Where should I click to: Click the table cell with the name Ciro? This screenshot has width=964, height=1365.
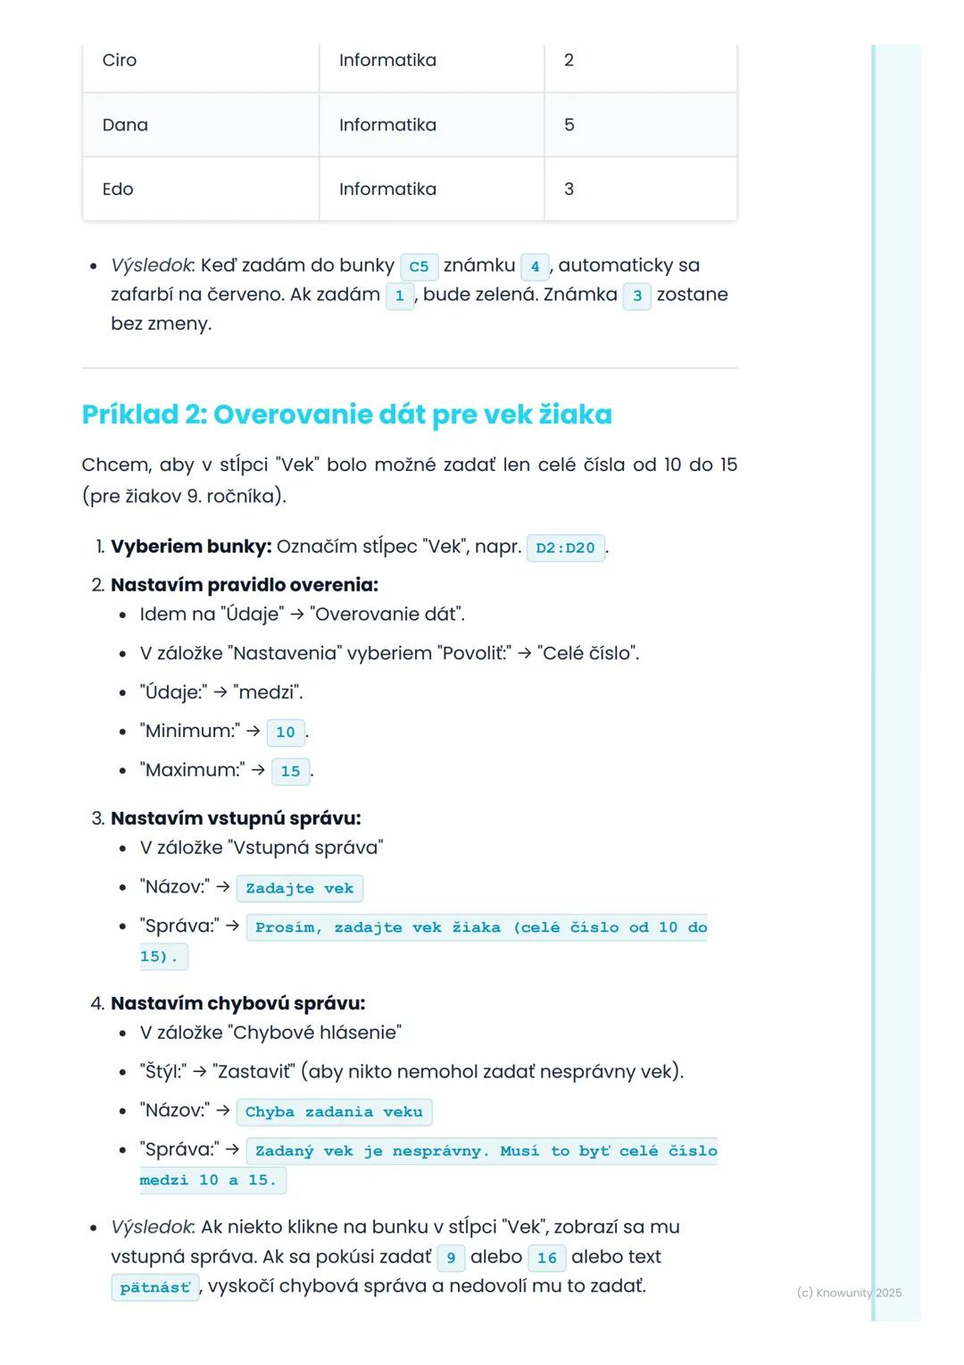point(120,61)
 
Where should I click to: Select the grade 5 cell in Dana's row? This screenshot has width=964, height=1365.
point(569,125)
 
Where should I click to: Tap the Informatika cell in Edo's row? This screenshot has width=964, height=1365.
point(387,189)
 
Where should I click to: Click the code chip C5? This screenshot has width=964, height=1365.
point(419,266)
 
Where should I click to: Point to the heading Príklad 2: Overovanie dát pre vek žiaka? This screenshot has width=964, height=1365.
point(346,415)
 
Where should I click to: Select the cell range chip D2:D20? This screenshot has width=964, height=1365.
point(565,548)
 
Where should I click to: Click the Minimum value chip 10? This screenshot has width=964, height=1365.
point(286,733)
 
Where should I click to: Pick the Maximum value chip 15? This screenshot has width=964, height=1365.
point(291,771)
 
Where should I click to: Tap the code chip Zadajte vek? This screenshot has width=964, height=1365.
point(300,888)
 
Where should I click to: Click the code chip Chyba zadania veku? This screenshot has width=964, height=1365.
point(334,1112)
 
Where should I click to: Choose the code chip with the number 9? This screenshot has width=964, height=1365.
point(451,1258)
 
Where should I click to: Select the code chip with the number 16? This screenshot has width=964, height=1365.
point(547,1258)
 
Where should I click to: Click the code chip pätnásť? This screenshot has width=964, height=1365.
point(155,1287)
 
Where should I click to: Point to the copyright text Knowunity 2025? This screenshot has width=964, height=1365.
point(849,1293)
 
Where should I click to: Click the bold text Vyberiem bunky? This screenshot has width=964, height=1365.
point(191,547)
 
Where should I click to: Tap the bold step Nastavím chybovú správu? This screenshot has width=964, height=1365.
point(237,1003)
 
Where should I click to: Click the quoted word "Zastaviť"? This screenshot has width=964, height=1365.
point(253,1071)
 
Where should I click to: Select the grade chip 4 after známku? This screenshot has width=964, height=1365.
point(535,266)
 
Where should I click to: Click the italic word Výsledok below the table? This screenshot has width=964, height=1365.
point(151,265)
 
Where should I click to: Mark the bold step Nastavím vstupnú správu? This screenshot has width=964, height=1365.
point(236,818)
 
